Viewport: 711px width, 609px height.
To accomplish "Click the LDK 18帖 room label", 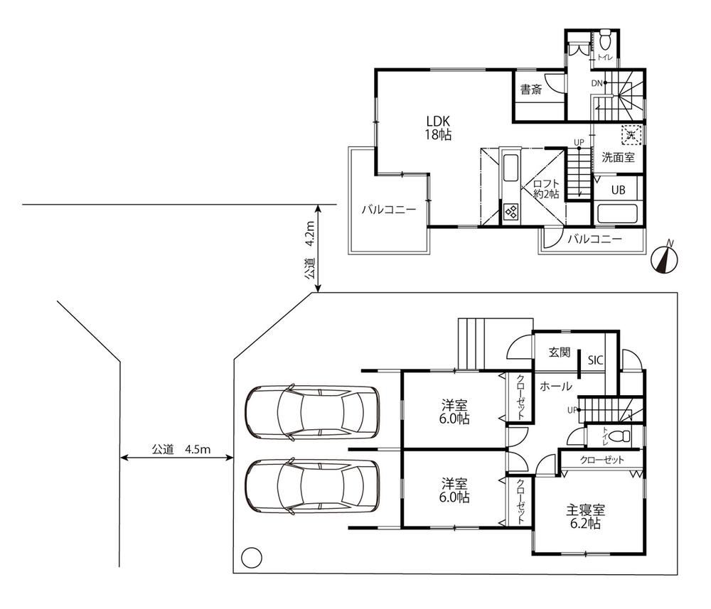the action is click(437, 128).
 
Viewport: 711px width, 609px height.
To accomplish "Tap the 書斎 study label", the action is click(530, 90).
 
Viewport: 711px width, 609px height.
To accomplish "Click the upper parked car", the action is click(311, 412).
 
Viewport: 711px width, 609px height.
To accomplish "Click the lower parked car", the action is click(311, 487).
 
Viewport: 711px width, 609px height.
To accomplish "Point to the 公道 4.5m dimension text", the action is click(181, 450).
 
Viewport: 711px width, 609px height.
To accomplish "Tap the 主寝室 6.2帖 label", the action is click(585, 517).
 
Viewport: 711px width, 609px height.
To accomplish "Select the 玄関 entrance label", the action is click(560, 352).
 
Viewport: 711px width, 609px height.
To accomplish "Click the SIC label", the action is click(595, 360).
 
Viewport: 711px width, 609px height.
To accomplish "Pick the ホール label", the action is click(555, 386).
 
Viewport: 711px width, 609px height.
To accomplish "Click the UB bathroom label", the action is click(618, 190).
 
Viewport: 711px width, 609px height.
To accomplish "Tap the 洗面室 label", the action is click(618, 157).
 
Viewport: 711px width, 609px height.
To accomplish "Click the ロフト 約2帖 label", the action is click(546, 189).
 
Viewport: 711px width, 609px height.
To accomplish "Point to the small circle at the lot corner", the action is click(252, 557).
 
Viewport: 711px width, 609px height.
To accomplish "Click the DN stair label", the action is click(597, 83).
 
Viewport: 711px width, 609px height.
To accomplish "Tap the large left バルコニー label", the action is click(389, 210).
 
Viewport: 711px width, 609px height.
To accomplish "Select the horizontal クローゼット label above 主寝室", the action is click(602, 460).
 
